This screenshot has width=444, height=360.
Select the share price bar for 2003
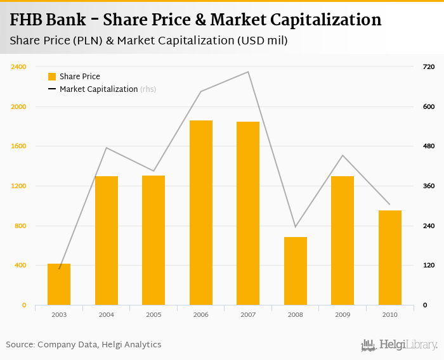pos(59,284)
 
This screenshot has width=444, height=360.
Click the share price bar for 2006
pos(201,212)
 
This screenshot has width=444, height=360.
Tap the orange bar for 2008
pos(296,271)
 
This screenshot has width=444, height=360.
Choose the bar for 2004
pos(107,240)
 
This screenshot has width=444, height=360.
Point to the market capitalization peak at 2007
pos(248,72)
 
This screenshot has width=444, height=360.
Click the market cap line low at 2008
pos(296,226)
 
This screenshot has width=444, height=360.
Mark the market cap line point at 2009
pos(343,155)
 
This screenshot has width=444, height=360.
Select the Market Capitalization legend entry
pos(98,89)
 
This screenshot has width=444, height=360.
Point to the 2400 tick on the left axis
pos(18,67)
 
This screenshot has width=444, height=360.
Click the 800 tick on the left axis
pos(20,226)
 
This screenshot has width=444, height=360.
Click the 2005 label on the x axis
pos(153,314)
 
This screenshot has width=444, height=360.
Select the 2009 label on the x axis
pos(343,314)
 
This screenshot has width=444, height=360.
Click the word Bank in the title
pos(68,20)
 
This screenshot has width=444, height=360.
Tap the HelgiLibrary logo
pos(399,345)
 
